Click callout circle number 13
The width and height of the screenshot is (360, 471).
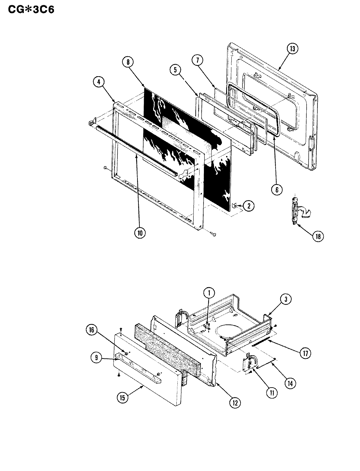click(292, 49)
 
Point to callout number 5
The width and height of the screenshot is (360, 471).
click(175, 69)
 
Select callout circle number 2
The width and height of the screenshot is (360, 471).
click(248, 206)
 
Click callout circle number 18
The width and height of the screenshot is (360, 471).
click(317, 236)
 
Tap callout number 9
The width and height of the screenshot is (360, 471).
click(97, 358)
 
